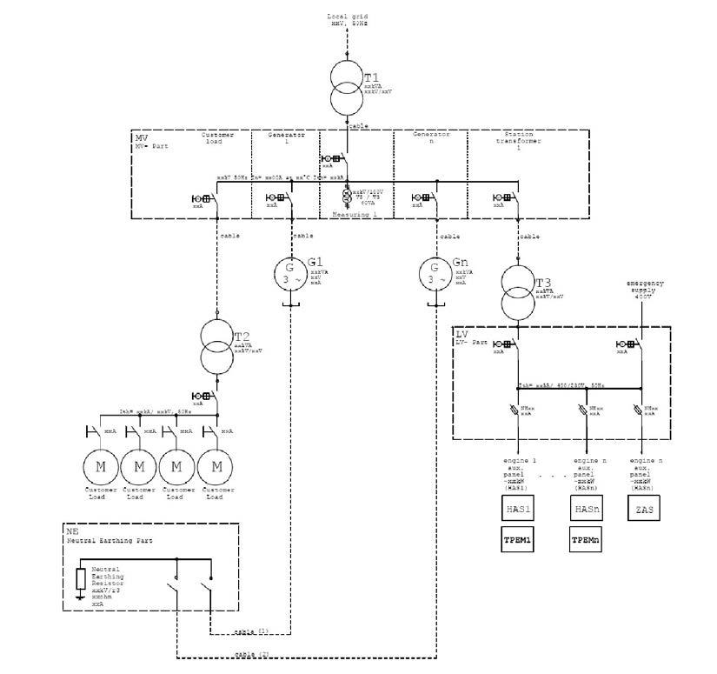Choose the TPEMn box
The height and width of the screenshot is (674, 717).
583,540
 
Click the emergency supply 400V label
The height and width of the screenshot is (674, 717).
645,290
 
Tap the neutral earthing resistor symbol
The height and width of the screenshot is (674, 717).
80,579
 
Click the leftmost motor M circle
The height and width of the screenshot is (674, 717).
101,466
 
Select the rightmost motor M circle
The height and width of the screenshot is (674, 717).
215,466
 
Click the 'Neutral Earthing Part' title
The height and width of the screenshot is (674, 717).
110,540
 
